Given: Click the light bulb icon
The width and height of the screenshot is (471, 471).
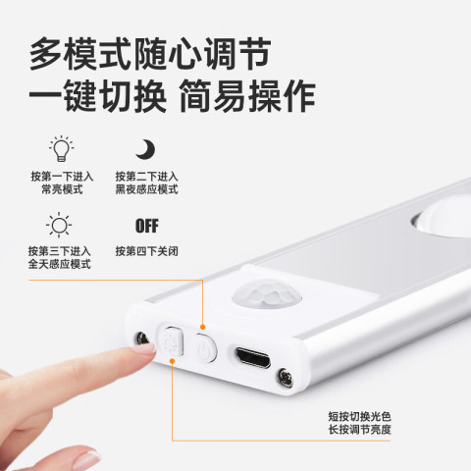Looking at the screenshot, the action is (62, 149).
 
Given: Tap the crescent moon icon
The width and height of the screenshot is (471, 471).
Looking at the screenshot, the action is (145, 150).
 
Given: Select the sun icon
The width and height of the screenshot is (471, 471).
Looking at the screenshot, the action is (59, 225).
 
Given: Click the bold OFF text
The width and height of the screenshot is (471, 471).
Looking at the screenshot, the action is (147, 226).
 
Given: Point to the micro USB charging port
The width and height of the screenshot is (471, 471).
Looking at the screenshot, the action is (253, 357).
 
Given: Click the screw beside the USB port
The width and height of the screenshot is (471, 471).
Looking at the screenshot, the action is (286, 378).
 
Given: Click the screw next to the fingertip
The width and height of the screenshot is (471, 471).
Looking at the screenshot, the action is (142, 339).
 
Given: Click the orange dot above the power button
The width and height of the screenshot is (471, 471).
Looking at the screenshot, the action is (203, 327).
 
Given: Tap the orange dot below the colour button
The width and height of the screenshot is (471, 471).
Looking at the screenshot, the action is (172, 361).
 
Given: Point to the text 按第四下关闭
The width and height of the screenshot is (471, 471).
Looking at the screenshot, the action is (147, 251).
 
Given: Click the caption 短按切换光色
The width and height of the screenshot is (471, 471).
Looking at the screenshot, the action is (360, 417).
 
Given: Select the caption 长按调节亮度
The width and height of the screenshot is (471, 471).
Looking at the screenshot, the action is (360, 430).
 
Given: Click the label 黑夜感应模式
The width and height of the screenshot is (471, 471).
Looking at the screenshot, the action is (146, 189).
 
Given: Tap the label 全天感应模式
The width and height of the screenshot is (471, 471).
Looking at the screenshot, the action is (59, 264).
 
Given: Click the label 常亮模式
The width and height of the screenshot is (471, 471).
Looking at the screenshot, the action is (62, 189).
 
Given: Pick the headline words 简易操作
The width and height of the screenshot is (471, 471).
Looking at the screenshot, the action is (247, 96).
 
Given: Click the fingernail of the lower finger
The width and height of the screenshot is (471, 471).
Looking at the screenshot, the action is (85, 460).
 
